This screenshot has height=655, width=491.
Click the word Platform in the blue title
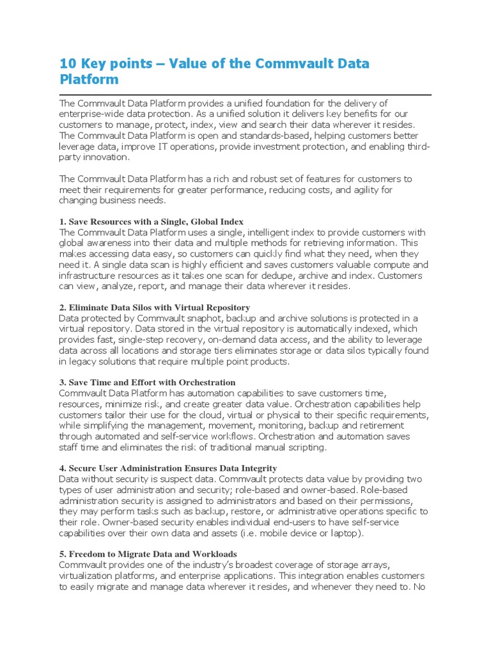click(89, 80)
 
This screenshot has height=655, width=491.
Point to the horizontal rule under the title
click(245, 94)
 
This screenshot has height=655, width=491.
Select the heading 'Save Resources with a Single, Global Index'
click(151, 221)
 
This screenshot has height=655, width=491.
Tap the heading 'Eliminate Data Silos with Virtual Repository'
click(154, 308)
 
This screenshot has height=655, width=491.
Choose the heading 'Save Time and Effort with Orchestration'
click(147, 383)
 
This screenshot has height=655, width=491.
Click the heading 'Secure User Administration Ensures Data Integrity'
click(168, 468)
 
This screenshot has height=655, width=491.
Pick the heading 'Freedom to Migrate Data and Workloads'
click(148, 554)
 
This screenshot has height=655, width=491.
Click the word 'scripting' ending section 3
click(306, 448)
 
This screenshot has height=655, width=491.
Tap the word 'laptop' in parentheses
click(345, 533)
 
